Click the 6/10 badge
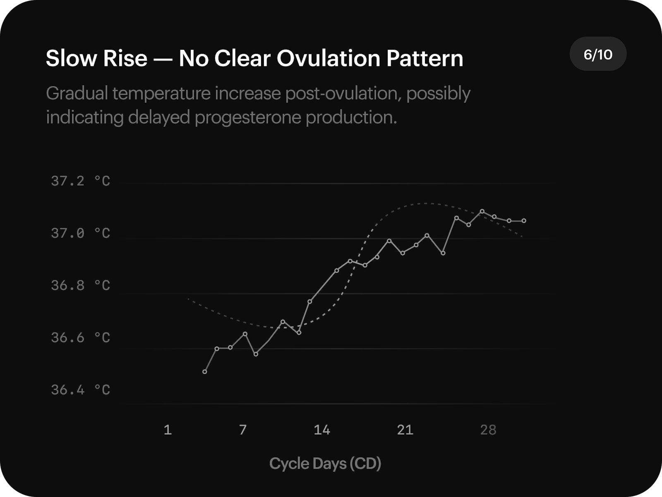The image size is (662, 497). click(x=598, y=54)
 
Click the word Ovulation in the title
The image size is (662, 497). click(x=328, y=58)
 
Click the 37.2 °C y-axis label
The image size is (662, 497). click(x=80, y=181)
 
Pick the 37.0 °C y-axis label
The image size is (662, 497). click(x=80, y=233)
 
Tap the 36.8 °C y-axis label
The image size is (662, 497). click(x=80, y=285)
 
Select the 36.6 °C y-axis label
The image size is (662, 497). click(x=80, y=338)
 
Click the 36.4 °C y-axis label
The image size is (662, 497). click(x=80, y=390)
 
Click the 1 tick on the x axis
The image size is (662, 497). click(x=168, y=430)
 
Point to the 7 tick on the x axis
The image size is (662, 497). click(x=242, y=430)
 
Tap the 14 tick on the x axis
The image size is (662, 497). click(x=321, y=430)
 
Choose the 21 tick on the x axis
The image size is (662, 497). click(x=405, y=430)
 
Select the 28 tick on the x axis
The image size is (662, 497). click(x=488, y=430)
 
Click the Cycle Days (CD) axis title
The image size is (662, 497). click(x=325, y=463)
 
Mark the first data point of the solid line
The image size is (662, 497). click(x=205, y=372)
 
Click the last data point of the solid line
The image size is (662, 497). click(x=524, y=221)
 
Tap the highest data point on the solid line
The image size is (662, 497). click(x=482, y=211)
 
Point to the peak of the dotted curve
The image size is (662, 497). click(x=424, y=203)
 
